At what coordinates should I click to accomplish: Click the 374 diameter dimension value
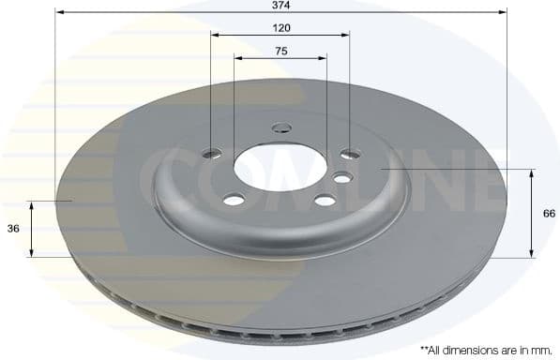280,4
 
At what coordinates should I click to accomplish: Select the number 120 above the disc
280,28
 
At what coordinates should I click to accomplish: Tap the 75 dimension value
280,51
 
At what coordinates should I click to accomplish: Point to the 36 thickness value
13,229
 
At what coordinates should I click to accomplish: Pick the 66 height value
550,214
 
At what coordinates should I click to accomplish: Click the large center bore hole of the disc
280,167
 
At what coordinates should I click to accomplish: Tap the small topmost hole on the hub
281,127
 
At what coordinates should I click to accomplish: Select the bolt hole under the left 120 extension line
212,153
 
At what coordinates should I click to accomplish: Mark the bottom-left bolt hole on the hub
234,199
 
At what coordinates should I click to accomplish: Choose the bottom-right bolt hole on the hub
325,199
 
